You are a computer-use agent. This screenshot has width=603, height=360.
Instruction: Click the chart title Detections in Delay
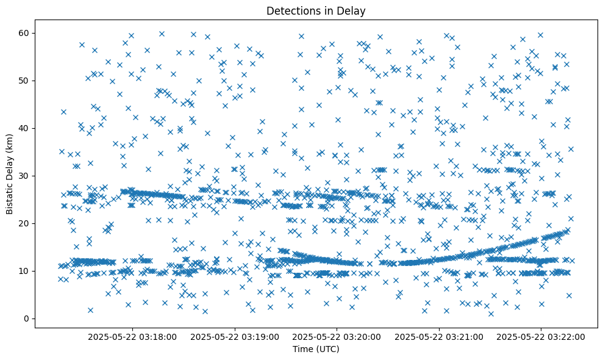click(316, 10)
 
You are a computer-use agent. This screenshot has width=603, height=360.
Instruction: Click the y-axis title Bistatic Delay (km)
click(10, 173)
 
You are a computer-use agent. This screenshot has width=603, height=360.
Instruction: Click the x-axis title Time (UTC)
click(316, 349)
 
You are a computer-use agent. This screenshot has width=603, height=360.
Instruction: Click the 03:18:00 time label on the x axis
click(132, 336)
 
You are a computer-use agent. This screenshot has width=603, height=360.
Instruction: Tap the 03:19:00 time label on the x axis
click(235, 336)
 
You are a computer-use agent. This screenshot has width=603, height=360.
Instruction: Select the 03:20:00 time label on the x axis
click(337, 336)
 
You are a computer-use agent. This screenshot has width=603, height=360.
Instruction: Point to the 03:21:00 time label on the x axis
click(440, 336)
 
